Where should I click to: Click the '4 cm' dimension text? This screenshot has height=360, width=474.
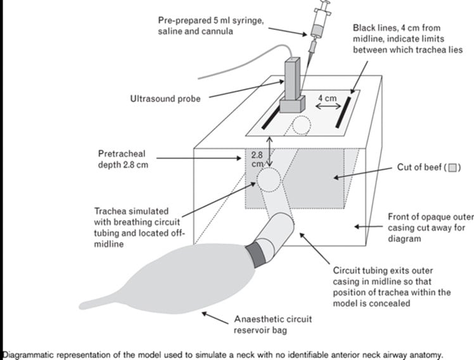326,98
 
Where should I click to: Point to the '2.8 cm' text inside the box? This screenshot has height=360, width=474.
257,159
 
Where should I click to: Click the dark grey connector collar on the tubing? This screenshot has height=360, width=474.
259,253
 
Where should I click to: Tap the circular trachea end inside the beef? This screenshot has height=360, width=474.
268,181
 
